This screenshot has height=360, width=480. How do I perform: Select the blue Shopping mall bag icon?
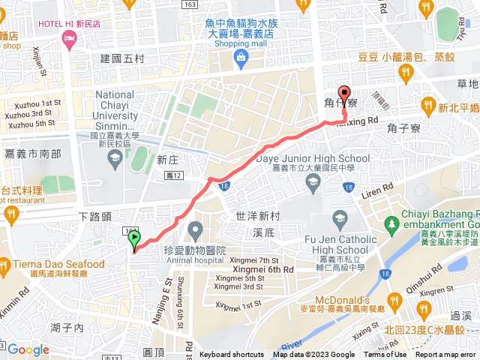click(240, 58)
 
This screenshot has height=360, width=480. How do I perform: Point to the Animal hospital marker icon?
click(196, 228)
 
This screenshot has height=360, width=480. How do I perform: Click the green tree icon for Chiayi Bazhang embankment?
click(391, 223)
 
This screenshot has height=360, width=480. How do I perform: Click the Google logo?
click(28, 349)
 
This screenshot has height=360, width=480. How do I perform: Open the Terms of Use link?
click(385, 355)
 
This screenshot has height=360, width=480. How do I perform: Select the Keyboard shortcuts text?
click(231, 355)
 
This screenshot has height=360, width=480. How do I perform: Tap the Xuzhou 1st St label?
click(32, 103)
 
